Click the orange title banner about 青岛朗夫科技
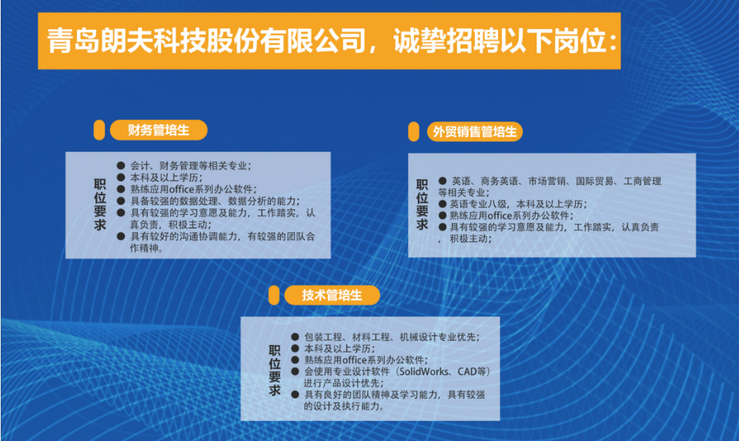[x=329, y=41]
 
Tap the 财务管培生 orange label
[x=159, y=130]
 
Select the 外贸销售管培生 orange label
[x=475, y=132]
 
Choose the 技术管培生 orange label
[x=332, y=296]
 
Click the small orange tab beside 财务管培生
[x=99, y=130]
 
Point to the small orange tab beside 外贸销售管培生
[x=413, y=132]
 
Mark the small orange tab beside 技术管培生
[x=274, y=296]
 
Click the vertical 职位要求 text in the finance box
[x=100, y=205]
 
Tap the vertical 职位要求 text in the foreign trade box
[x=422, y=205]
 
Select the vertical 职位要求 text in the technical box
[x=275, y=370]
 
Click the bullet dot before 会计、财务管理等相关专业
[x=121, y=165]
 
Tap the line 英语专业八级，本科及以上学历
[x=518, y=204]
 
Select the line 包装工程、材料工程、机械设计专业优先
[x=392, y=337]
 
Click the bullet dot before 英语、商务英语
[x=443, y=180]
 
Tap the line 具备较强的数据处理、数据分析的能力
[x=215, y=201]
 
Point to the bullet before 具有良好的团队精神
[x=295, y=394]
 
